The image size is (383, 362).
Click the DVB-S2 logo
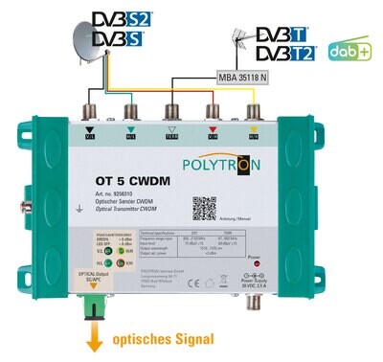pyautogui.click(x=115, y=18)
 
